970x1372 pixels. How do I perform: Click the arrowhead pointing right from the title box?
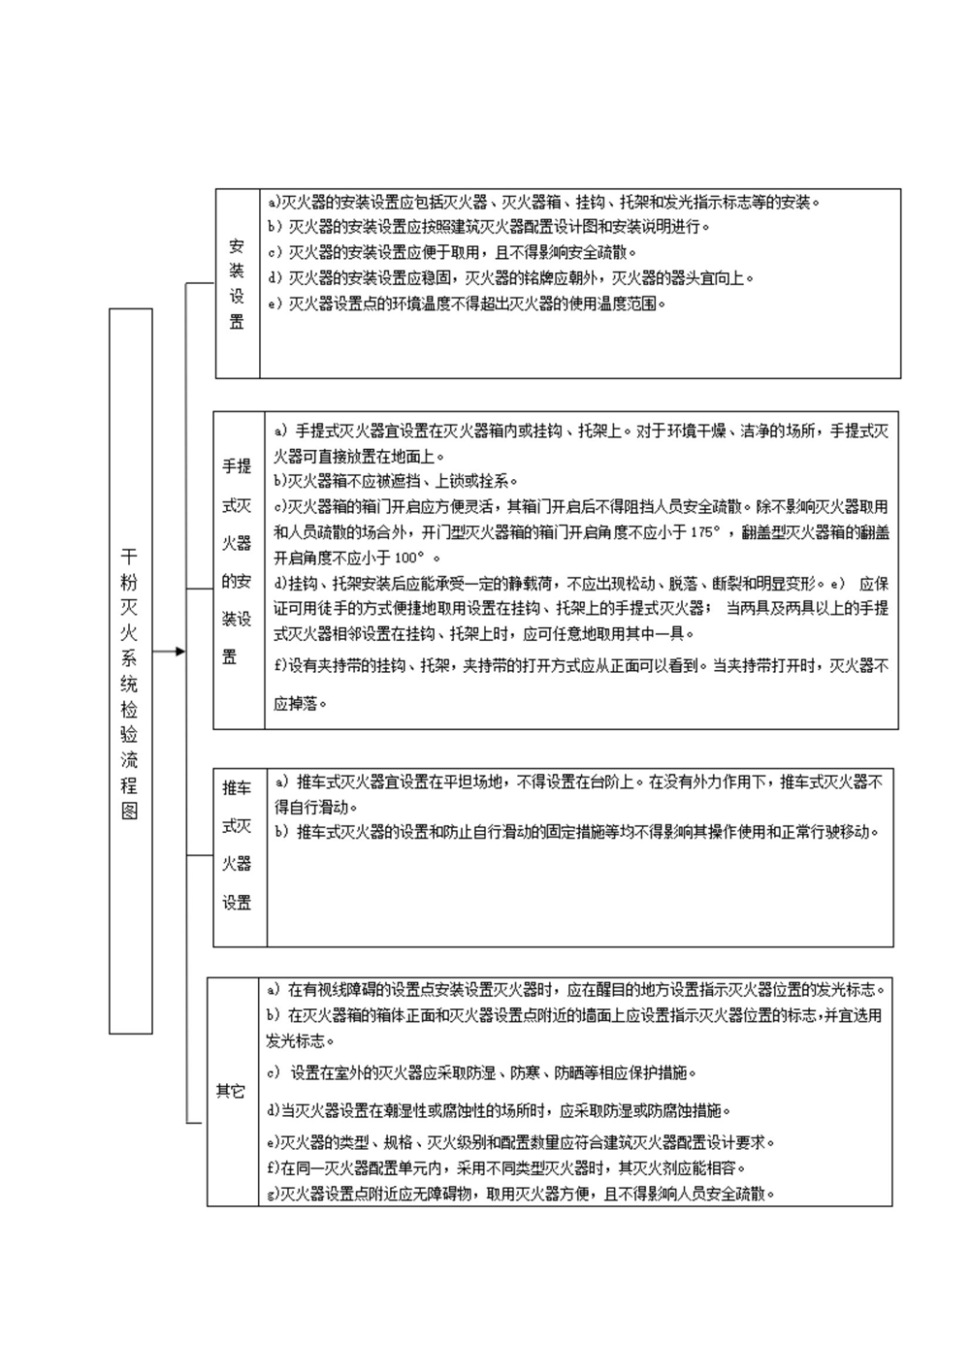(178, 652)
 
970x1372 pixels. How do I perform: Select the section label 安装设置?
(237, 284)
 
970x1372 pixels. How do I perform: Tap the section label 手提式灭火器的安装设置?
(237, 562)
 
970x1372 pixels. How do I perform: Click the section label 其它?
(230, 1092)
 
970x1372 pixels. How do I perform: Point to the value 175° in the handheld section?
(706, 532)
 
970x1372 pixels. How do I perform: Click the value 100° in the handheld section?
(410, 558)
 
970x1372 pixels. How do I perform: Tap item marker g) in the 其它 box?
(273, 1195)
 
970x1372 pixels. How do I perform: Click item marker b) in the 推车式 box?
(281, 832)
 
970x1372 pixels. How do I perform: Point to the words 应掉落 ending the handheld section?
(295, 705)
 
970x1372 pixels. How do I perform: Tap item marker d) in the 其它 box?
(274, 1111)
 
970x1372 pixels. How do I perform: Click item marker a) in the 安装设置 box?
(273, 203)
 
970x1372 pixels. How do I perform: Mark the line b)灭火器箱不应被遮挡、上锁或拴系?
(396, 481)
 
